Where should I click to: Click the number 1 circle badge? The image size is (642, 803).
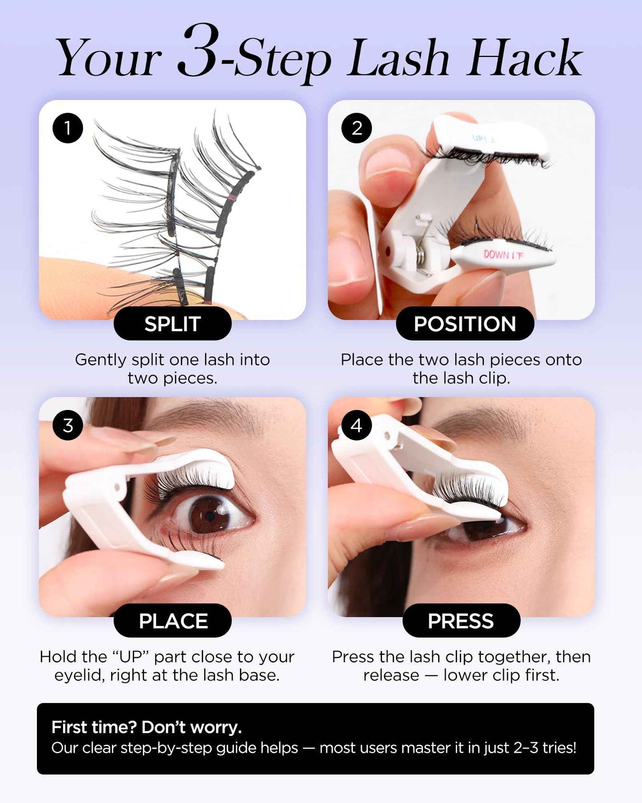(68, 128)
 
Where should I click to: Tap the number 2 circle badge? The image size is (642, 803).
(356, 128)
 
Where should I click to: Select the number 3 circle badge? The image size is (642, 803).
(68, 426)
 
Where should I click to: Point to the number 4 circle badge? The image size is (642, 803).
(356, 426)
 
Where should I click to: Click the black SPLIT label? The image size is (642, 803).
(172, 324)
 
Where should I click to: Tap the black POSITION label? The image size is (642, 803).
(465, 324)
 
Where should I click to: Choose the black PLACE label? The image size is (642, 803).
(172, 621)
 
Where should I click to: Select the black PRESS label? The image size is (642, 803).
(461, 621)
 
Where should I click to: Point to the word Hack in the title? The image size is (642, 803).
(524, 59)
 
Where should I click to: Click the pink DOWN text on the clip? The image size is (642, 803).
(502, 255)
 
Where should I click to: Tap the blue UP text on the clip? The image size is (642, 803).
(483, 139)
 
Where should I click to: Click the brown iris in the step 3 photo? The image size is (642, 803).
(208, 516)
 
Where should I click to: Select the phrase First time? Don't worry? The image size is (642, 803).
(147, 727)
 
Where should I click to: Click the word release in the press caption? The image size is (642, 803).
(391, 675)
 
